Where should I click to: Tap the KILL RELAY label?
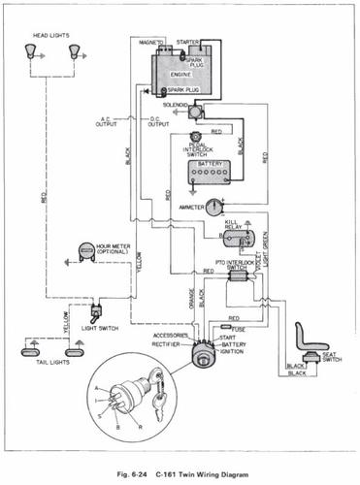point(238,224)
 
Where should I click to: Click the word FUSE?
point(236,328)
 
